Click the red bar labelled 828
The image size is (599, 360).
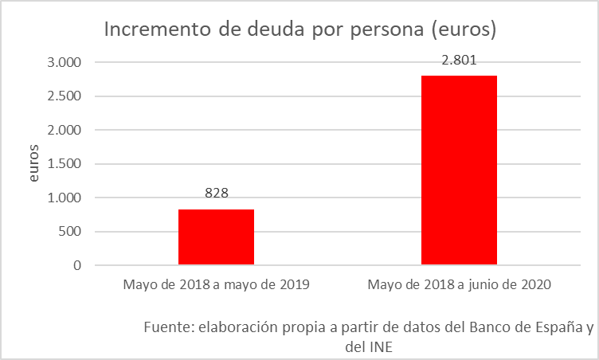(216, 237)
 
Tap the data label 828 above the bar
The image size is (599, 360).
(216, 194)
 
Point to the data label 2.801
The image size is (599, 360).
(459, 60)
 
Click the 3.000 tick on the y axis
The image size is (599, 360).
(65, 63)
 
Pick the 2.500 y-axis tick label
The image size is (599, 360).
(65, 96)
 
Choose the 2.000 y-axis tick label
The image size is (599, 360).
(65, 131)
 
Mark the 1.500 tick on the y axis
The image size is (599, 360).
(65, 164)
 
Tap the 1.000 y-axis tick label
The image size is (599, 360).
(65, 198)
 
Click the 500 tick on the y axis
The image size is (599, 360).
(71, 232)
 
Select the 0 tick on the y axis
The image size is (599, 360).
(77, 266)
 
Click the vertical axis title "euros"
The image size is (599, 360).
(33, 164)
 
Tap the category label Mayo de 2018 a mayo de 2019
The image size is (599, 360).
(216, 284)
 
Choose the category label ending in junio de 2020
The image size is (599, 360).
(459, 284)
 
